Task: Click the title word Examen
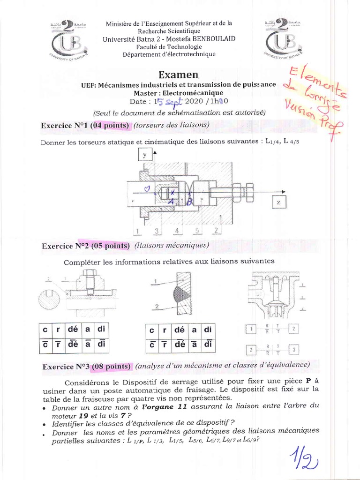(x=179, y=75)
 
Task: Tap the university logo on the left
(x=67, y=40)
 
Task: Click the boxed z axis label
(x=278, y=202)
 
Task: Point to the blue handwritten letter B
(x=189, y=202)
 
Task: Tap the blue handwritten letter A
(x=170, y=201)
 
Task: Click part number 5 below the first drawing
(x=197, y=231)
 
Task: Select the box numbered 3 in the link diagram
(x=294, y=350)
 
